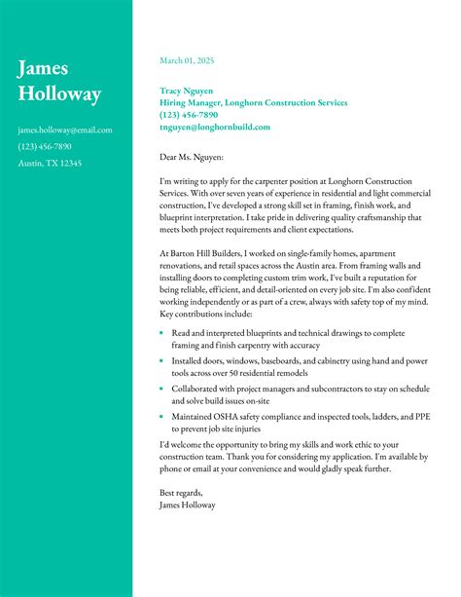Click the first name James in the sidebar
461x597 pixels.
tap(43, 68)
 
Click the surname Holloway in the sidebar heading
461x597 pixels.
tap(59, 94)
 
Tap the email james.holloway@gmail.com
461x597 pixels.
tap(65, 130)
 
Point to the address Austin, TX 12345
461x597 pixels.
tap(50, 163)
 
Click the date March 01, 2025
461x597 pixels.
tap(187, 60)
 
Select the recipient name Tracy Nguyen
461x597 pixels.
tap(187, 91)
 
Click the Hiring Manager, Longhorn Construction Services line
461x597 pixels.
tap(253, 102)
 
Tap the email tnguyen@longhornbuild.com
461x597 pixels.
tap(215, 127)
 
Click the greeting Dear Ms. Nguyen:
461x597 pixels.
tap(192, 156)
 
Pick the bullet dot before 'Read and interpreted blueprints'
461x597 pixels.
tap(161, 333)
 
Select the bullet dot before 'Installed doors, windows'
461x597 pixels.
tap(161, 361)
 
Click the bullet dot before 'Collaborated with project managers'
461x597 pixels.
tap(161, 389)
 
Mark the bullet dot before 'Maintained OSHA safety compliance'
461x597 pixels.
tap(161, 417)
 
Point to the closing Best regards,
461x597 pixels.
tap(181, 493)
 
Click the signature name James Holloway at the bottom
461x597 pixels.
tap(187, 505)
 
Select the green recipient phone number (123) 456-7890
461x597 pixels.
tap(189, 114)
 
